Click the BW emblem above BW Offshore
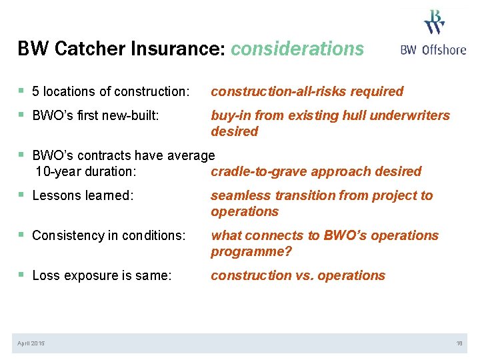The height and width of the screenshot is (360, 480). (x=434, y=21)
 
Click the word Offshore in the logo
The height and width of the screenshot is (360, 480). (x=444, y=49)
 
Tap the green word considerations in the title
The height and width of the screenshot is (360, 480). (x=297, y=49)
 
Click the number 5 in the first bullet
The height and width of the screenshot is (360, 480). (x=36, y=91)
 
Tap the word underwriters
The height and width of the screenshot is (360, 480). (x=409, y=115)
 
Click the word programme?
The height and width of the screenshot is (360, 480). (x=251, y=251)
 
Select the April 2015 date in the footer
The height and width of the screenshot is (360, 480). (x=31, y=343)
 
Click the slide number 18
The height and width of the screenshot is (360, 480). (x=459, y=343)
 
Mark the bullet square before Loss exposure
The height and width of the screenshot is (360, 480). (x=23, y=275)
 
